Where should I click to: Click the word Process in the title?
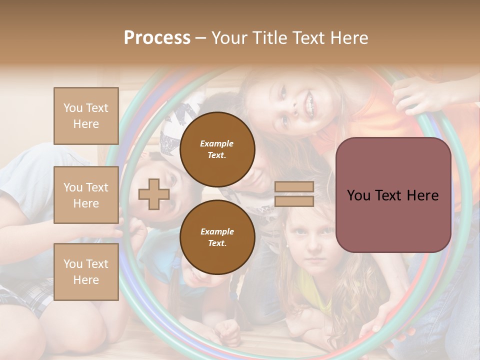click(x=157, y=38)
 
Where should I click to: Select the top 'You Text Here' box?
click(x=86, y=116)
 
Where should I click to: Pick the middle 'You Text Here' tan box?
click(x=86, y=195)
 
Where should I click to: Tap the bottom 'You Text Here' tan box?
click(x=86, y=271)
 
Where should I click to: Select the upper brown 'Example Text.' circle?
click(x=217, y=149)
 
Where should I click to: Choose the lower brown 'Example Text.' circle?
click(x=217, y=237)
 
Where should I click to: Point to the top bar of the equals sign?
click(x=294, y=187)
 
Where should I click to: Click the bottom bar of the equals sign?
click(x=294, y=201)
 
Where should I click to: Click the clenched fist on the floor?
click(x=228, y=331)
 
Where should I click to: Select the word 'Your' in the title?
click(x=228, y=38)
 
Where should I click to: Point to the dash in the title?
click(x=200, y=38)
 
